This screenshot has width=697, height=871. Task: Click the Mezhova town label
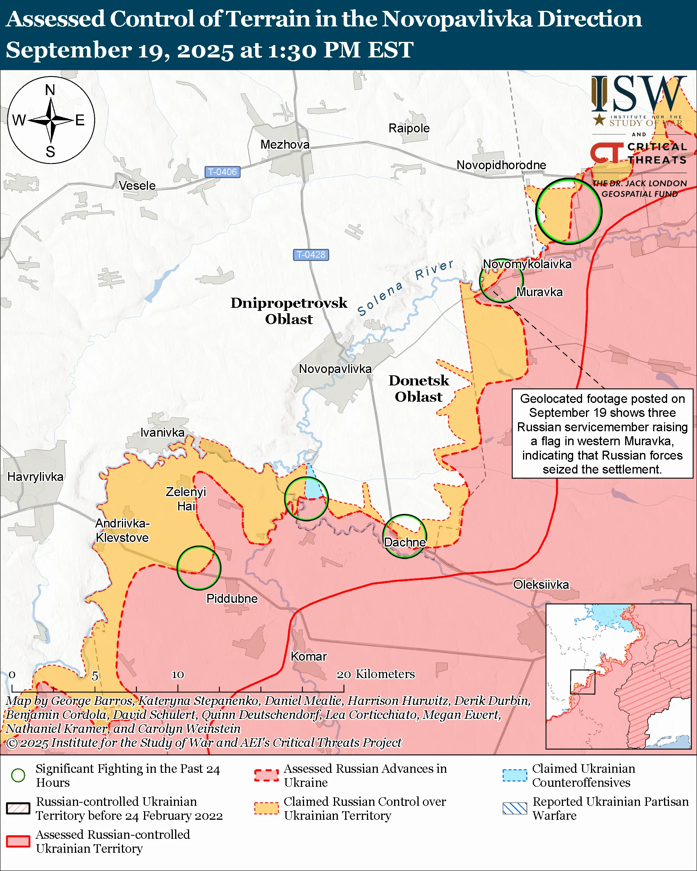click(285, 144)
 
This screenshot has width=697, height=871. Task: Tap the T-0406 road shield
click(222, 172)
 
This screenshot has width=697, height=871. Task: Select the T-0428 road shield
click(311, 255)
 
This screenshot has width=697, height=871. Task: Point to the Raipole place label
click(409, 128)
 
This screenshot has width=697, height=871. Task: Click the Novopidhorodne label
click(501, 165)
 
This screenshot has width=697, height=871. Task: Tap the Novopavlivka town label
click(335, 369)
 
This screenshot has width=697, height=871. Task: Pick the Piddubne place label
click(231, 598)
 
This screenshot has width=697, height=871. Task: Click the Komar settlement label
click(309, 656)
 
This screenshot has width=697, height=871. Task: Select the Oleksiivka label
click(541, 584)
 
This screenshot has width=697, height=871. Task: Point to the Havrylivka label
click(36, 477)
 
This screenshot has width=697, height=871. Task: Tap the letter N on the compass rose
click(50, 90)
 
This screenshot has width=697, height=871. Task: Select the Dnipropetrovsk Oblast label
click(289, 311)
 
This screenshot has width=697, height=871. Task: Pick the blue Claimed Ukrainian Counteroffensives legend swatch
click(515, 775)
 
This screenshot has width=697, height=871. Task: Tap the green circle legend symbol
click(18, 775)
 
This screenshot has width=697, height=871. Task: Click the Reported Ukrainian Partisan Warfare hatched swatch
click(515, 809)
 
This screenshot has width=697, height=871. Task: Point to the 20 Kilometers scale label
click(376, 674)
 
